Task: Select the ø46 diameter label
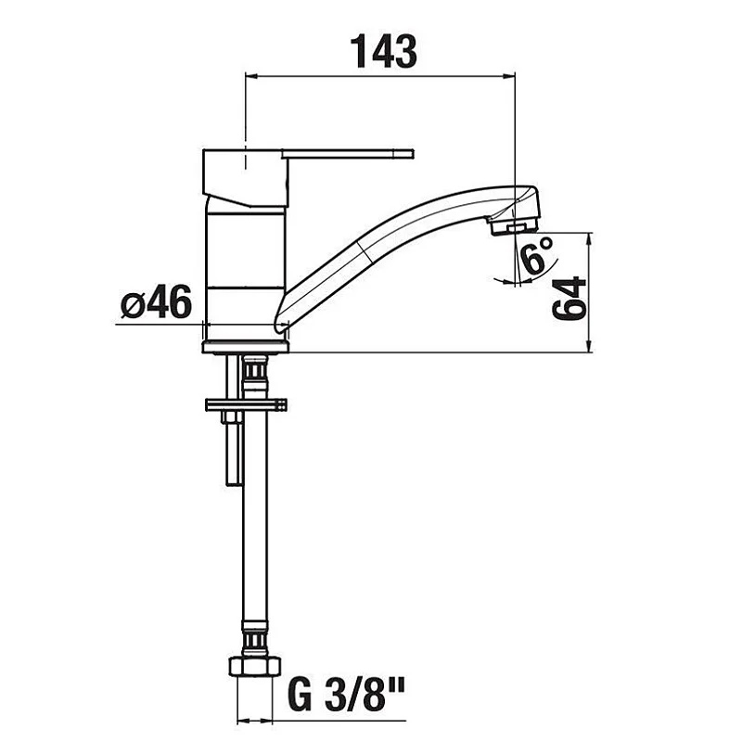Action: [x=156, y=302]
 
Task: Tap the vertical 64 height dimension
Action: [x=569, y=298]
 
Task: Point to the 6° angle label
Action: [x=537, y=256]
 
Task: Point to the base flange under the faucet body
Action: [x=246, y=347]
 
